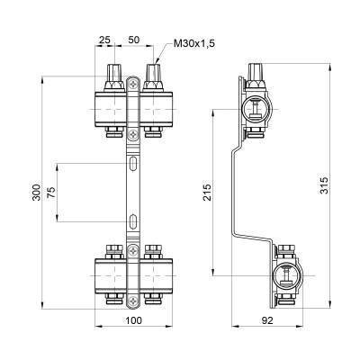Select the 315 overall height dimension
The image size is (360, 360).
[326, 184]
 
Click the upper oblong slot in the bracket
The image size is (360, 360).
[133, 163]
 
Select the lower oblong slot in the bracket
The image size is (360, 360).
[133, 220]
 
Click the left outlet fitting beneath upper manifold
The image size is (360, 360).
[113, 134]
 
